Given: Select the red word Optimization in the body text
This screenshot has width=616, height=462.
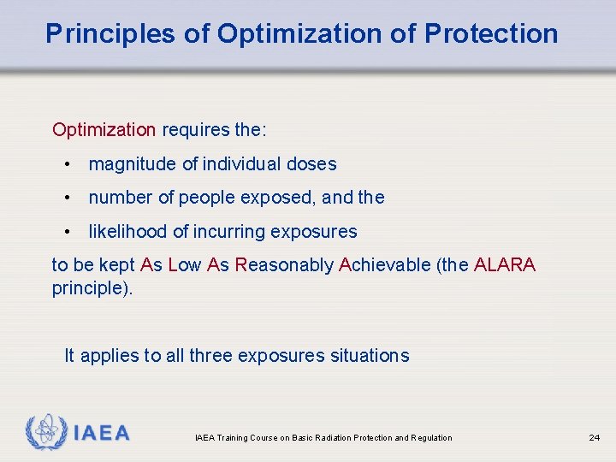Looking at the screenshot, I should (x=104, y=130).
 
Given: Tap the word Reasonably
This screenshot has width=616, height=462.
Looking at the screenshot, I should (x=284, y=265).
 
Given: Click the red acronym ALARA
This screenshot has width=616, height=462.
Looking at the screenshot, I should (x=504, y=265).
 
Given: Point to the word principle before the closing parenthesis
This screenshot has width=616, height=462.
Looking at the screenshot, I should (x=87, y=287).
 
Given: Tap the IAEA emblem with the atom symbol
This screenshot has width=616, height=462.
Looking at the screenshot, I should (x=46, y=432).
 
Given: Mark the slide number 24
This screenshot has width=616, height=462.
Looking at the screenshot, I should (x=594, y=438).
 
